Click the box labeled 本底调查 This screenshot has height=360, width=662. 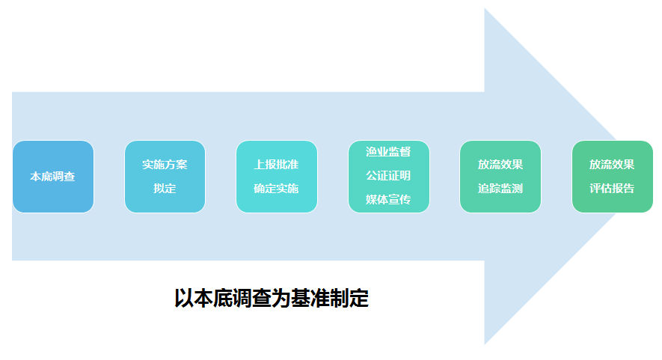pos(53,177)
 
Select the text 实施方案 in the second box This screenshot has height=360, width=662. pos(165,164)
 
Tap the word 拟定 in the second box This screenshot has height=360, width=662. pos(165,189)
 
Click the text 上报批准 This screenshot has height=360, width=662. pos(276,164)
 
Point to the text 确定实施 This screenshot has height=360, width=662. pos(276,189)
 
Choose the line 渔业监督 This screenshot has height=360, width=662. pos(388,152)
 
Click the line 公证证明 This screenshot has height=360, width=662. pos(388,176)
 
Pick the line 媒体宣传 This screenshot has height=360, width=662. pos(388,200)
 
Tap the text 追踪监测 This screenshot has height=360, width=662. pos(500,189)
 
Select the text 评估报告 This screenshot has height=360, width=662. pos(612,189)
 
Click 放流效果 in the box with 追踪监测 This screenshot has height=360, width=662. pos(500,164)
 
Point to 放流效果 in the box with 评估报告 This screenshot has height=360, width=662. pos(612,164)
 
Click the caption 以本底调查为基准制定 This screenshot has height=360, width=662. pos(272,299)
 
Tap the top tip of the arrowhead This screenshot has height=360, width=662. pos(485,10)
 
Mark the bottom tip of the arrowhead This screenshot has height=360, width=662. pos(485,343)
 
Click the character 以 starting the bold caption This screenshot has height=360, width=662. pos(183,299)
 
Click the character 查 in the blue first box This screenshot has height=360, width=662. pos(70,177)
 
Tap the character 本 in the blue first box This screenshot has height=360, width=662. pos(35,177)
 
